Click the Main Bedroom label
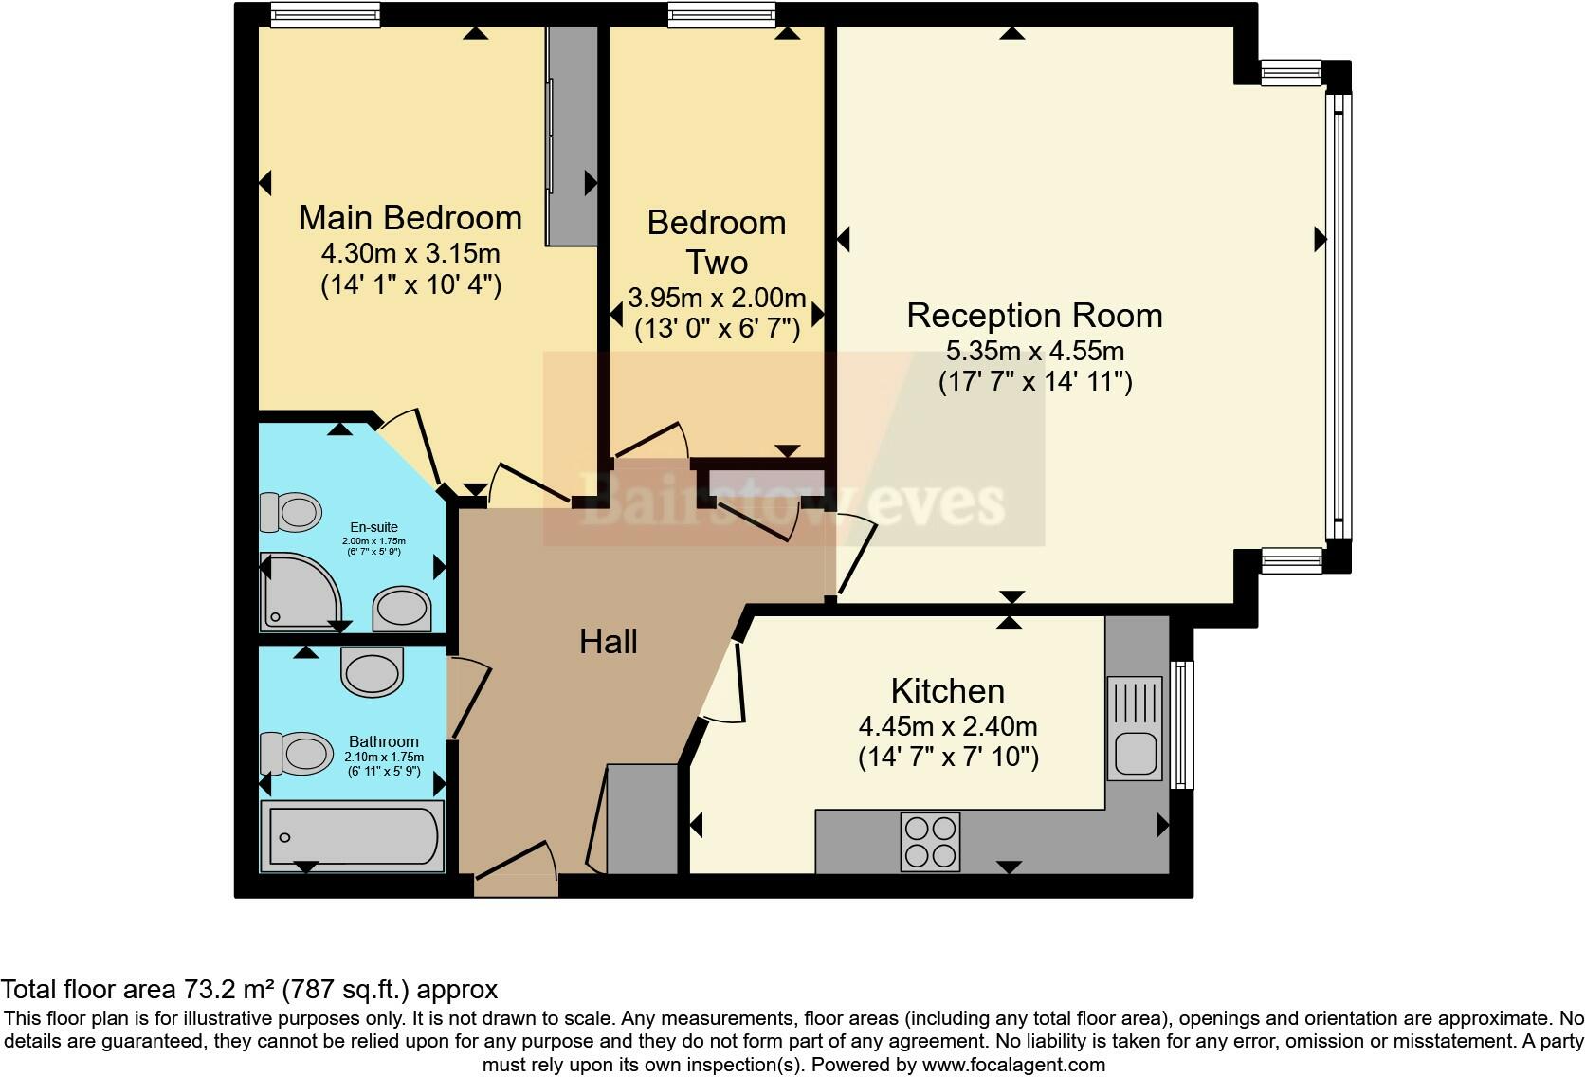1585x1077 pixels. pyautogui.click(x=410, y=218)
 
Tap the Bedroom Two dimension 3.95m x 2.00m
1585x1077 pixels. pyautogui.click(x=717, y=298)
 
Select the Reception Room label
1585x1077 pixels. pyautogui.click(x=1034, y=316)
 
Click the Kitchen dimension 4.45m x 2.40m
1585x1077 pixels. pyautogui.click(x=948, y=726)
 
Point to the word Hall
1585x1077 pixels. pyautogui.click(x=609, y=642)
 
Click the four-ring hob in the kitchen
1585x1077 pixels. pyautogui.click(x=930, y=842)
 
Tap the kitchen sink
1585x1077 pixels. pyautogui.click(x=1134, y=739)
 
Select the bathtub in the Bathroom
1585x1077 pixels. pyautogui.click(x=353, y=836)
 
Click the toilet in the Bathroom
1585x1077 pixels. pyautogui.click(x=294, y=754)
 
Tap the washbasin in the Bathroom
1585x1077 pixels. pyautogui.click(x=373, y=672)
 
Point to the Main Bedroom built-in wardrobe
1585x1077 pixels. pyautogui.click(x=572, y=137)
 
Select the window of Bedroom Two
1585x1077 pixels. pyautogui.click(x=720, y=14)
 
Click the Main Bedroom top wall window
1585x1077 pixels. pyautogui.click(x=325, y=14)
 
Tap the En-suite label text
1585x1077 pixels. pyautogui.click(x=373, y=527)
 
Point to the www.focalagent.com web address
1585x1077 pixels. pyautogui.click(x=1013, y=1065)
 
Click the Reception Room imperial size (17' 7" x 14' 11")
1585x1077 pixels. pyautogui.click(x=1034, y=381)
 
